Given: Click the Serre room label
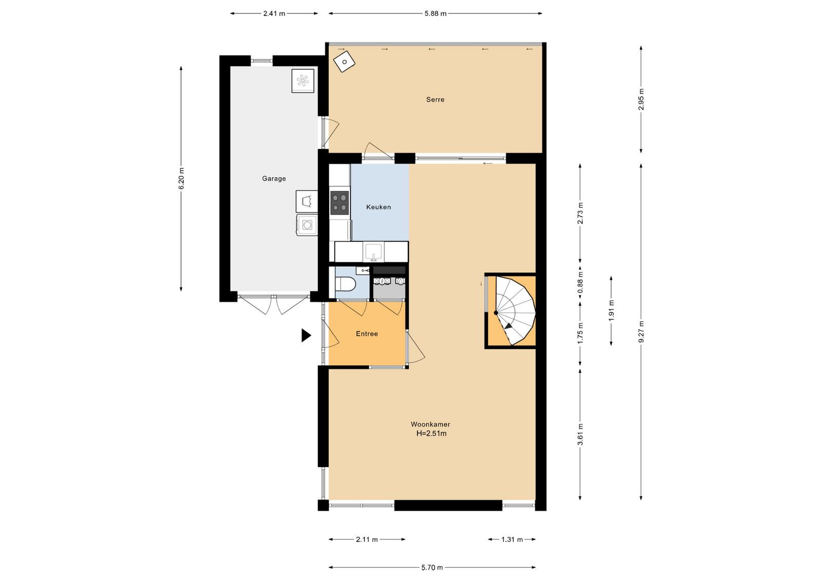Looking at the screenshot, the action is point(435,100).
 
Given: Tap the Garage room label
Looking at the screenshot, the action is point(274,179).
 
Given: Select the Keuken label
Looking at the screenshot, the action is point(378,207).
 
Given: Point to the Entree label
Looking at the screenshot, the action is point(367,334).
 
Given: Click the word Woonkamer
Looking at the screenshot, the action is point(431,424).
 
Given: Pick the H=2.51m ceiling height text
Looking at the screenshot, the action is point(432,434).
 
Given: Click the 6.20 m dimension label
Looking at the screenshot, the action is point(181,179).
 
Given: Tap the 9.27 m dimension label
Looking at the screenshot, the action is point(641,332).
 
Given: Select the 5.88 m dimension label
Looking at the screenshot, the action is point(436,13).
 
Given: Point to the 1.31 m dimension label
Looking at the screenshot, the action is point(512,539).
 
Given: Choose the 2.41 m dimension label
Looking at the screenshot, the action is point(274,13).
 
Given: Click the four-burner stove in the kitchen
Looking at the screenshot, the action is point(340,202).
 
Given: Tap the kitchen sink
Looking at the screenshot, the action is point(373,252).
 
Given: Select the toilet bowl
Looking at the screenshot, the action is point(345,284).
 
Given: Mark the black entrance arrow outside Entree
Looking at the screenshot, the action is point(306,335).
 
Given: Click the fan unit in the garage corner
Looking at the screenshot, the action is point(303,81).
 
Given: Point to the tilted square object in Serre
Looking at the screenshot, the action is point(344,62).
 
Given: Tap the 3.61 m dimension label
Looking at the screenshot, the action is point(580,434).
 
